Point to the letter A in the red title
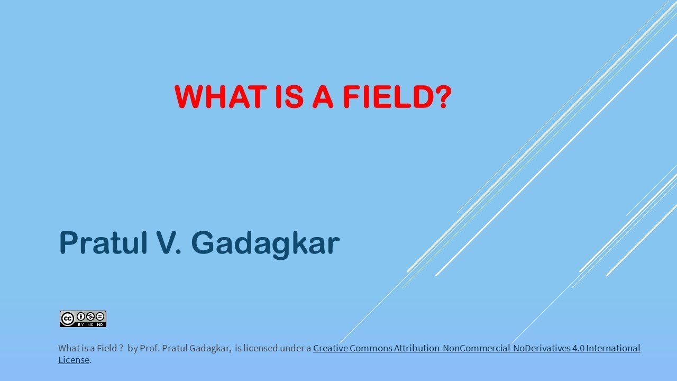point(323,96)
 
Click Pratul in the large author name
point(106,243)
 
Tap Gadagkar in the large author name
point(265,243)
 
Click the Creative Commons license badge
point(83,319)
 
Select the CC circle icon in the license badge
point(67,319)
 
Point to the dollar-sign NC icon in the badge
point(90,316)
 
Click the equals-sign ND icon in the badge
point(99,316)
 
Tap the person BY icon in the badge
point(81,316)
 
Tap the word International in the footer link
point(614,348)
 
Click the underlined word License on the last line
point(74,360)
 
